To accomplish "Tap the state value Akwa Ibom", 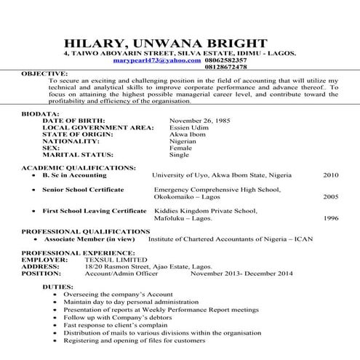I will click(187, 135).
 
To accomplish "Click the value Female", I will click(180, 148).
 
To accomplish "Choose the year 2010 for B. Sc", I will click(331, 175).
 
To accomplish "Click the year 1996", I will click(331, 217).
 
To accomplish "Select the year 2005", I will click(331, 196).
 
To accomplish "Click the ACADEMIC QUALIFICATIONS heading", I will click(79, 168).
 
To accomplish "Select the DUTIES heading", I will click(57, 287).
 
